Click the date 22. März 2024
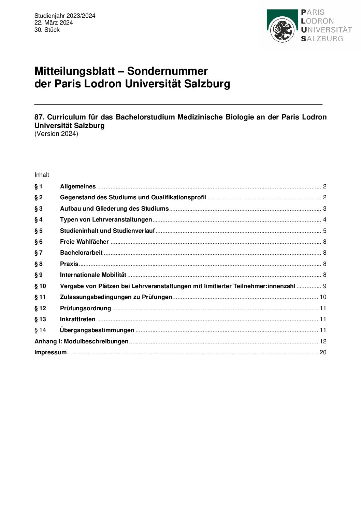point(54,23)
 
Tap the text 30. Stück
point(47,30)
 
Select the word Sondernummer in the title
point(167,71)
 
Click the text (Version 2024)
point(56,134)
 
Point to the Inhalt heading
point(42,175)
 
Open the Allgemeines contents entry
point(78,186)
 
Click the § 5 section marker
point(39,231)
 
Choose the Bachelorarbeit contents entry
point(81,253)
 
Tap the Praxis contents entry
point(69,264)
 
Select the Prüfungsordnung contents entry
point(85,308)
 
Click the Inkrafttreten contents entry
point(77,319)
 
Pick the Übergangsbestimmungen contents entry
point(97,330)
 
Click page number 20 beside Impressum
point(323,352)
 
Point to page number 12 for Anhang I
point(323,341)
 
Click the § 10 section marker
point(40,286)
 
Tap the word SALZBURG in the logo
point(322,39)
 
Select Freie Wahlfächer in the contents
point(84,242)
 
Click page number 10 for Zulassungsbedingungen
point(323,297)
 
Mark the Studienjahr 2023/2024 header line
point(65,16)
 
